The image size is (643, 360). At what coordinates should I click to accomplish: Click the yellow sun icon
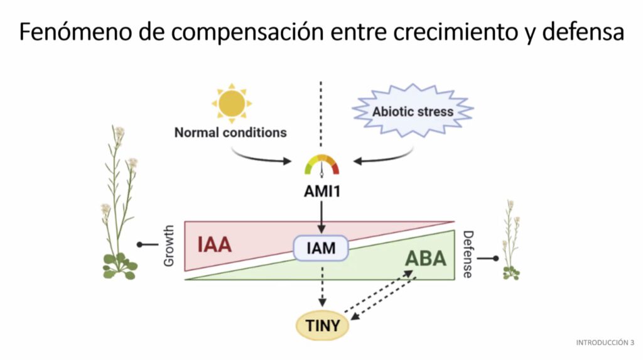tap(231, 102)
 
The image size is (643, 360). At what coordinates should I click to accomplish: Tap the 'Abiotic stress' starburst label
tap(413, 112)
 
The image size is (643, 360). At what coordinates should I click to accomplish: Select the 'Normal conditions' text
tap(230, 133)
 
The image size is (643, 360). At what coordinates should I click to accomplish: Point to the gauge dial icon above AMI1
tap(321, 165)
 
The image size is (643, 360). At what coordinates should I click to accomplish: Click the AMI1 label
tap(321, 191)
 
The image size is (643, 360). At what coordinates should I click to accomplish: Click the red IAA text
tap(215, 244)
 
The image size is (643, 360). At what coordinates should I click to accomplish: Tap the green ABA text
tap(425, 258)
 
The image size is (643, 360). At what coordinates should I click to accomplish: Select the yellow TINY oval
tap(322, 325)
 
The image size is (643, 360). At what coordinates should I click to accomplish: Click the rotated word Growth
tap(168, 246)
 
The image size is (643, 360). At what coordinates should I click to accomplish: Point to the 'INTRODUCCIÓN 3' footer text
tap(605, 342)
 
